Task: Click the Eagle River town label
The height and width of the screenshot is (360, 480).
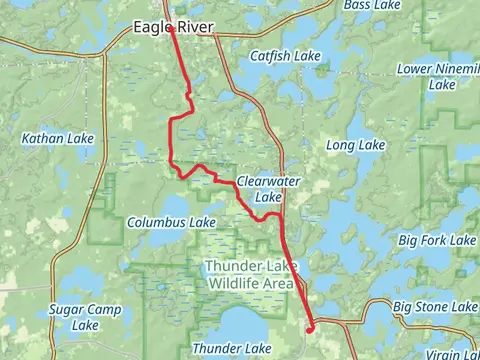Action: click(173, 28)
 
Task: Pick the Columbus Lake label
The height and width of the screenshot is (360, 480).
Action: click(172, 221)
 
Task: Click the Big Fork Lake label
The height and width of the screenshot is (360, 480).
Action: click(437, 241)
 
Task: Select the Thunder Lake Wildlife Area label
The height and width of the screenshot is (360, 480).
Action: click(249, 274)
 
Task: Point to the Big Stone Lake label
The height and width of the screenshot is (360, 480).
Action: click(435, 306)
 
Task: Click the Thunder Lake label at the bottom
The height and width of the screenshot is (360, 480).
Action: click(231, 347)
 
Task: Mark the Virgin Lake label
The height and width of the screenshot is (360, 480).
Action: click(455, 354)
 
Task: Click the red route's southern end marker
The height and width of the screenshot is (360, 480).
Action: click(310, 327)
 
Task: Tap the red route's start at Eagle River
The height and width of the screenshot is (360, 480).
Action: click(172, 29)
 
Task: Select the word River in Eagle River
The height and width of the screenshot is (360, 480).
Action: click(194, 28)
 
